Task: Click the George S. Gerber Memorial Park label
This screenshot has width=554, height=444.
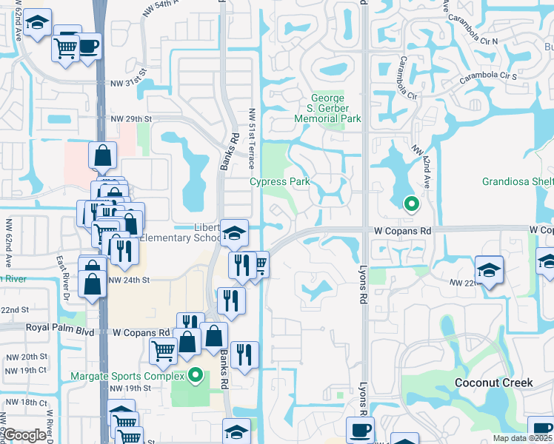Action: pos(327,108)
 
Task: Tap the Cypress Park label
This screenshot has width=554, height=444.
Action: pos(279,181)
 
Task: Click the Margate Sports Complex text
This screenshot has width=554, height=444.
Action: pos(126,375)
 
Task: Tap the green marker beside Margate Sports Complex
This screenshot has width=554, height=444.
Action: pos(196,375)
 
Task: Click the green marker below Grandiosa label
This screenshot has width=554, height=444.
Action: pos(410,203)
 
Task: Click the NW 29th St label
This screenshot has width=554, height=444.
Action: pos(131,119)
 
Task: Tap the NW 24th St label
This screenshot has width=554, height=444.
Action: pos(129,280)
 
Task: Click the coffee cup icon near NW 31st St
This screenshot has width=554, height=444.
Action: pos(88,46)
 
